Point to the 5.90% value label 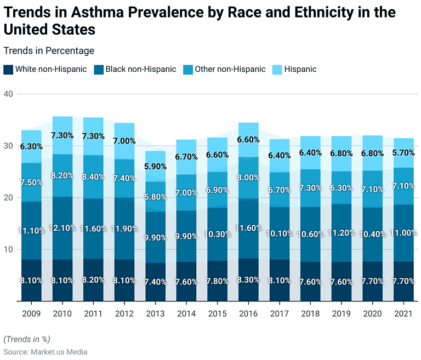155,167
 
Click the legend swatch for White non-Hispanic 8,70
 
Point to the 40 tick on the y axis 9,94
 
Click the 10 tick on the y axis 9,249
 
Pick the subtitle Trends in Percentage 49,51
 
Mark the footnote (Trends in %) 27,339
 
